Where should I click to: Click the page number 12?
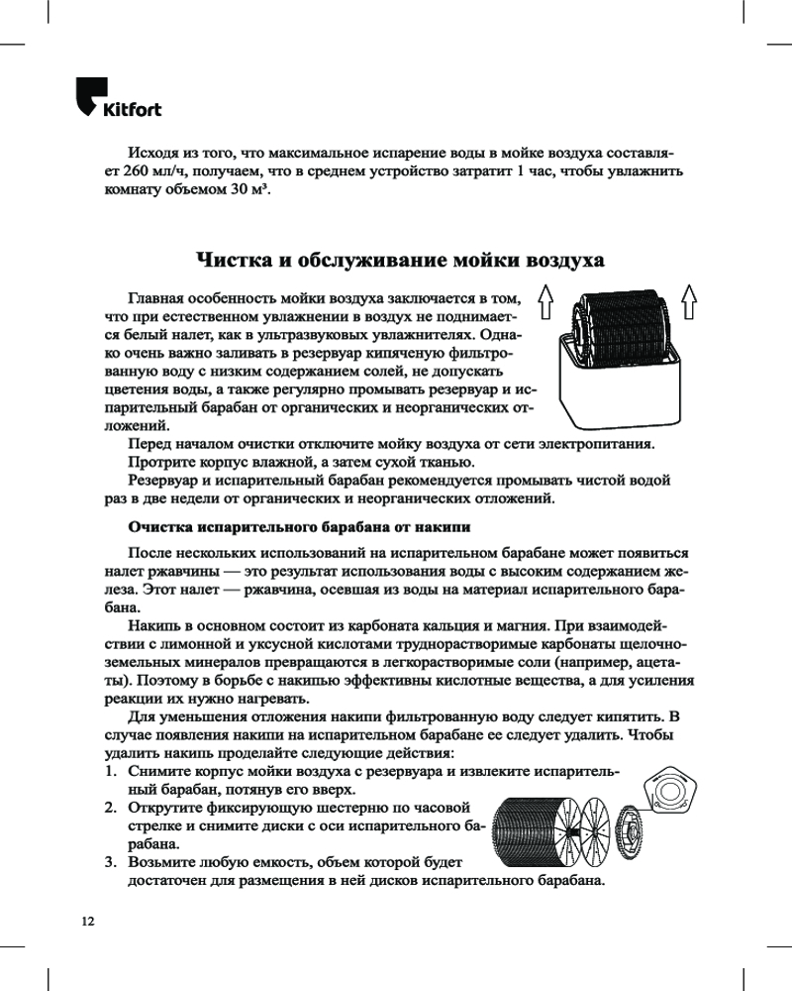pos(88,921)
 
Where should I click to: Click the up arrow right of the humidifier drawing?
pos(690,300)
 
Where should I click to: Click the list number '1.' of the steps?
pos(112,772)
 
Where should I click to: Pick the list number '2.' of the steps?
pos(112,809)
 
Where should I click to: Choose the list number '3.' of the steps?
pos(112,863)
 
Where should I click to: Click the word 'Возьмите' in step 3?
pos(168,863)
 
